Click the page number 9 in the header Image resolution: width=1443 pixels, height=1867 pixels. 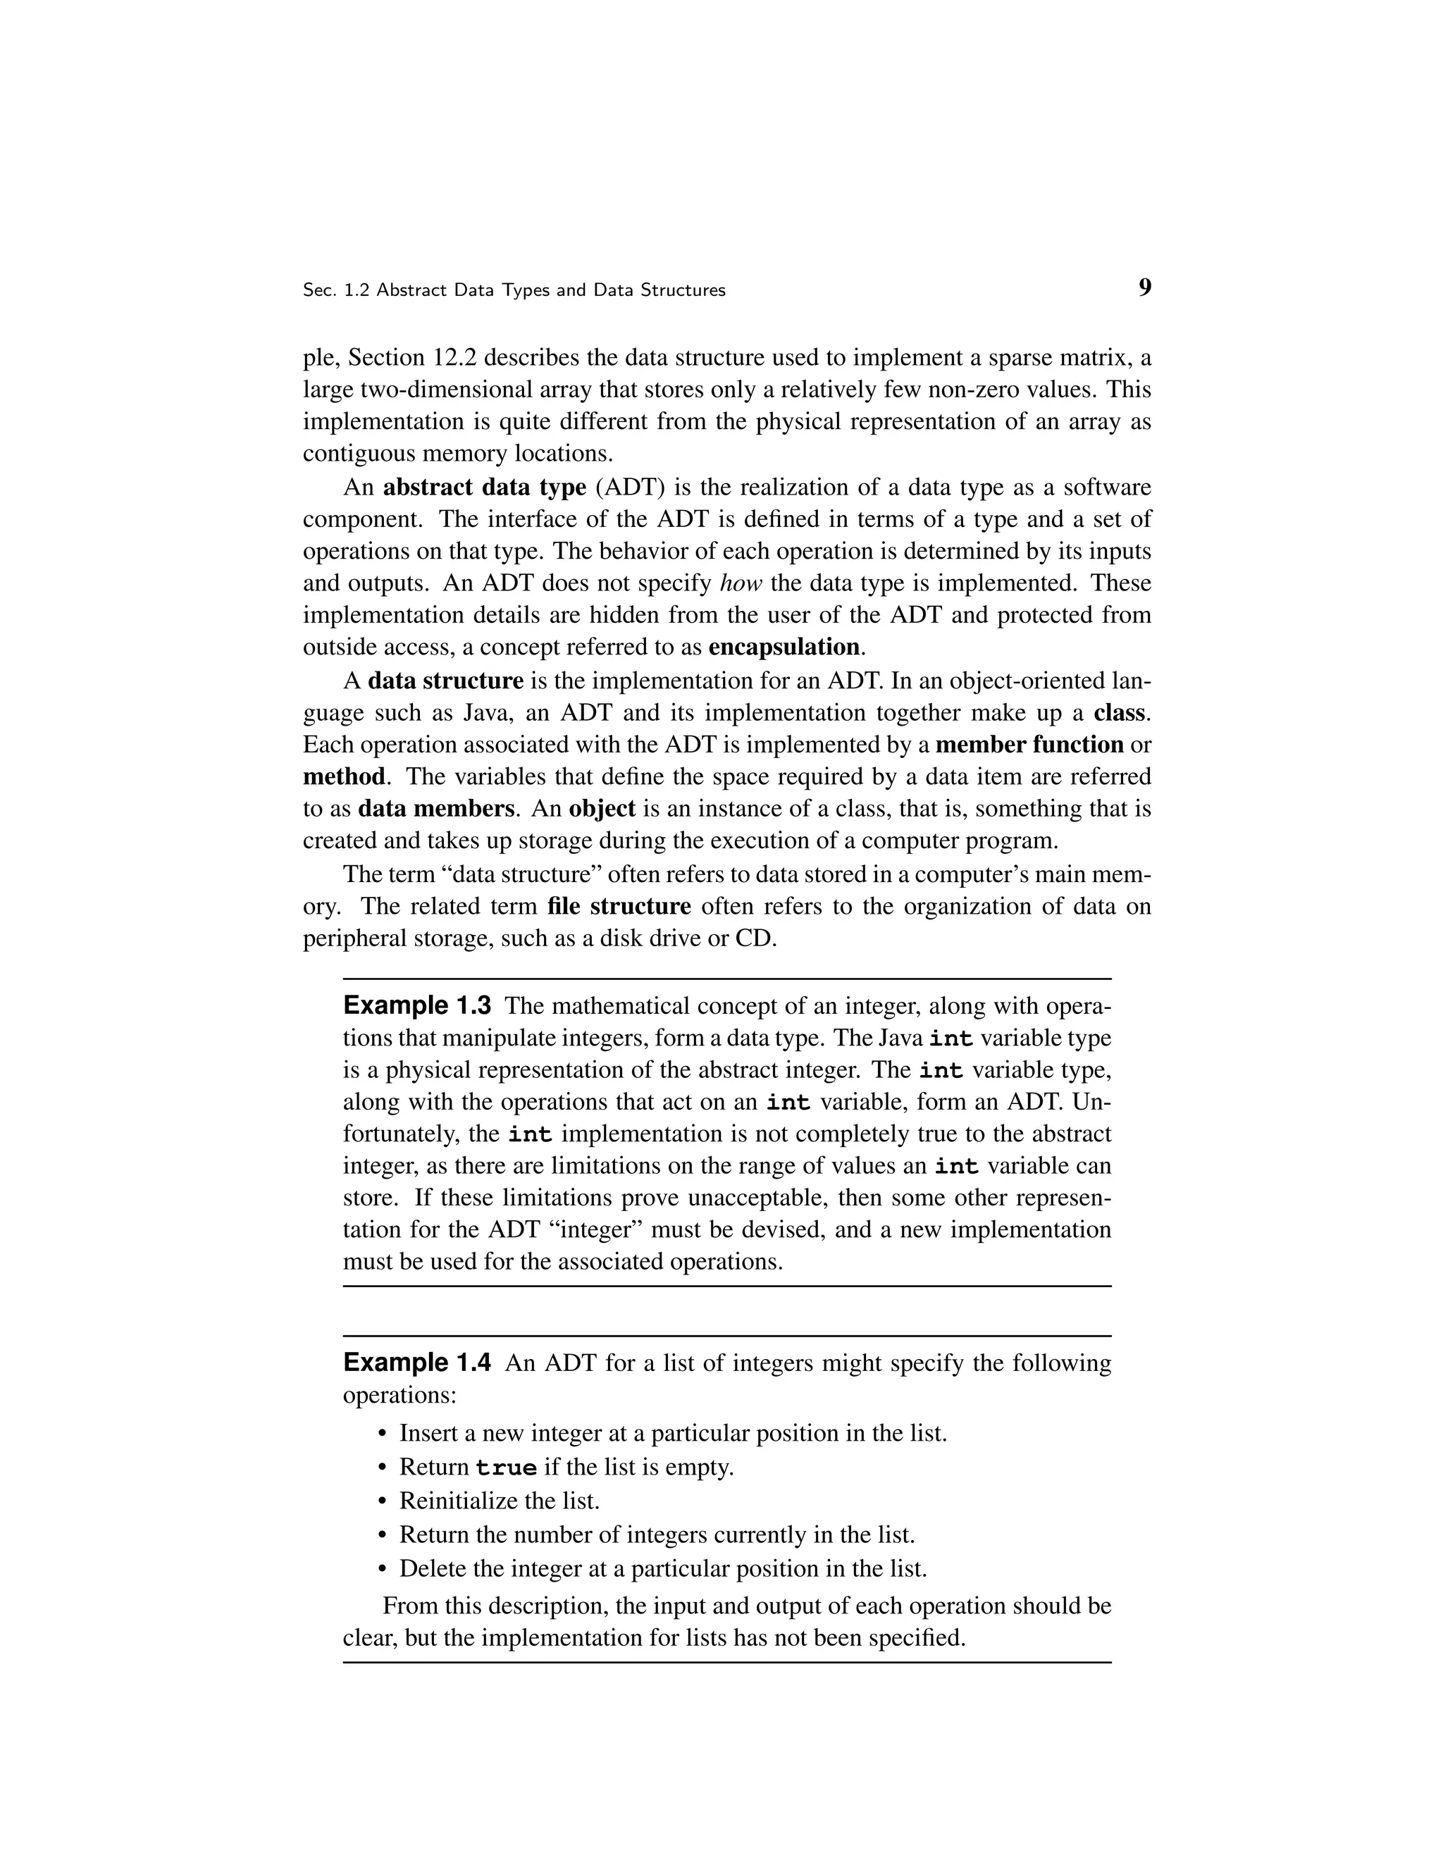[x=1145, y=288]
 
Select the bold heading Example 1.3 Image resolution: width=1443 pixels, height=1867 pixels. [x=417, y=1005]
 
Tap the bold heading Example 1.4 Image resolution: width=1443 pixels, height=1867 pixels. [x=417, y=1363]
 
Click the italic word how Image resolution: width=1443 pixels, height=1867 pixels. [x=741, y=583]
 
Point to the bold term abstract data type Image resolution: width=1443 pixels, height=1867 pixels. [x=485, y=488]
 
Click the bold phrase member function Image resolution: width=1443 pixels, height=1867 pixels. [x=1029, y=745]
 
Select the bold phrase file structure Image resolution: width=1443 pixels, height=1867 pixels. [x=619, y=906]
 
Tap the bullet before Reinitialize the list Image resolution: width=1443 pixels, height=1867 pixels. [x=382, y=1502]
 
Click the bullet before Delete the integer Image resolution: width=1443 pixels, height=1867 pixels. [x=382, y=1570]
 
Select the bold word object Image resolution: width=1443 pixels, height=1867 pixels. [x=602, y=809]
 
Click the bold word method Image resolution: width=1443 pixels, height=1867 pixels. [x=344, y=777]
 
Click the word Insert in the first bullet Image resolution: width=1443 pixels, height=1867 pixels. [x=428, y=1434]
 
